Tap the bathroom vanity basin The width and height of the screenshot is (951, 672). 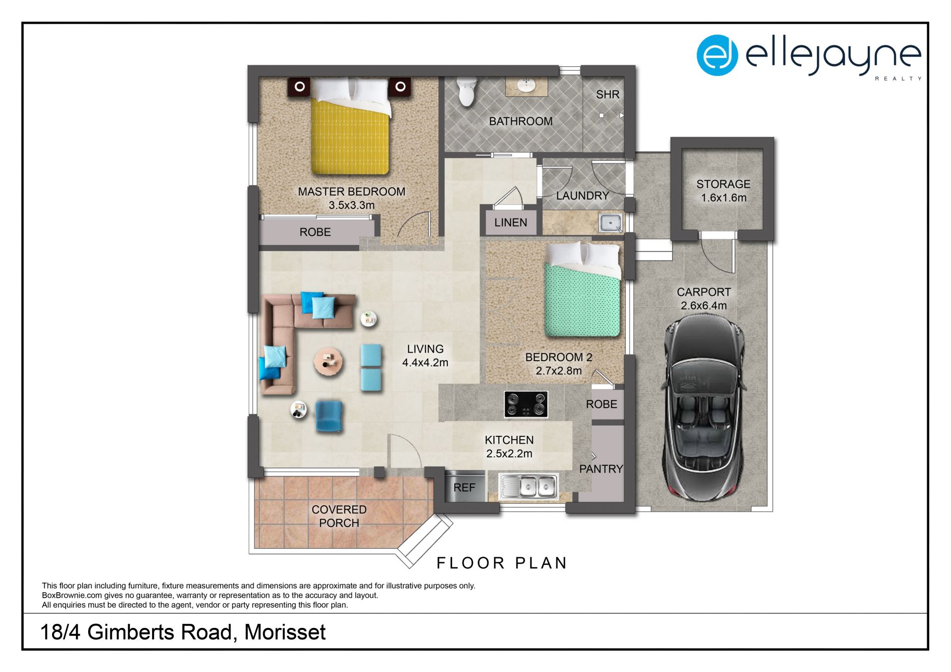click(x=526, y=86)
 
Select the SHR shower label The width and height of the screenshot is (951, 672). click(x=608, y=95)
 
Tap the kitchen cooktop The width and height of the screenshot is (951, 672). click(x=526, y=404)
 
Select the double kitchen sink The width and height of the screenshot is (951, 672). click(x=528, y=486)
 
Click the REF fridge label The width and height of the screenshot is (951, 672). click(x=464, y=488)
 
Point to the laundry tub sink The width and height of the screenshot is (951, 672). click(x=610, y=223)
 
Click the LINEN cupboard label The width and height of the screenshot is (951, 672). click(x=511, y=223)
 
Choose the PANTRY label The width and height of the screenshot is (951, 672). click(x=601, y=469)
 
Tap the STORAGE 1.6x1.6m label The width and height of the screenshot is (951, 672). click(x=723, y=191)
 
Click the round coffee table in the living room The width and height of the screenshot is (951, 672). click(x=328, y=362)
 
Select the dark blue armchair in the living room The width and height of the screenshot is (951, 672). click(x=328, y=416)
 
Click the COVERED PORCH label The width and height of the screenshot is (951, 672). click(x=339, y=516)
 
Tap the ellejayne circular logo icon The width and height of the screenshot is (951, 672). click(x=717, y=55)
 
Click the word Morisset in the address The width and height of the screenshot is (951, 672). click(x=285, y=632)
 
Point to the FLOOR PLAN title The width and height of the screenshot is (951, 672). click(x=502, y=563)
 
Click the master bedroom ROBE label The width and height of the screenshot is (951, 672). click(x=315, y=232)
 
